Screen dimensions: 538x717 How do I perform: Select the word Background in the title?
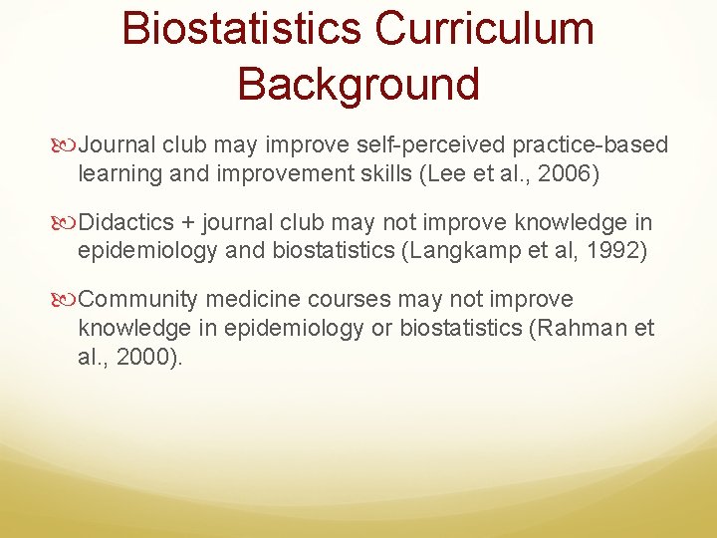[358, 84]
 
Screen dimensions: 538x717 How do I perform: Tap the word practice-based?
[590, 145]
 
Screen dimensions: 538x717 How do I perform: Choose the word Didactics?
[126, 222]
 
